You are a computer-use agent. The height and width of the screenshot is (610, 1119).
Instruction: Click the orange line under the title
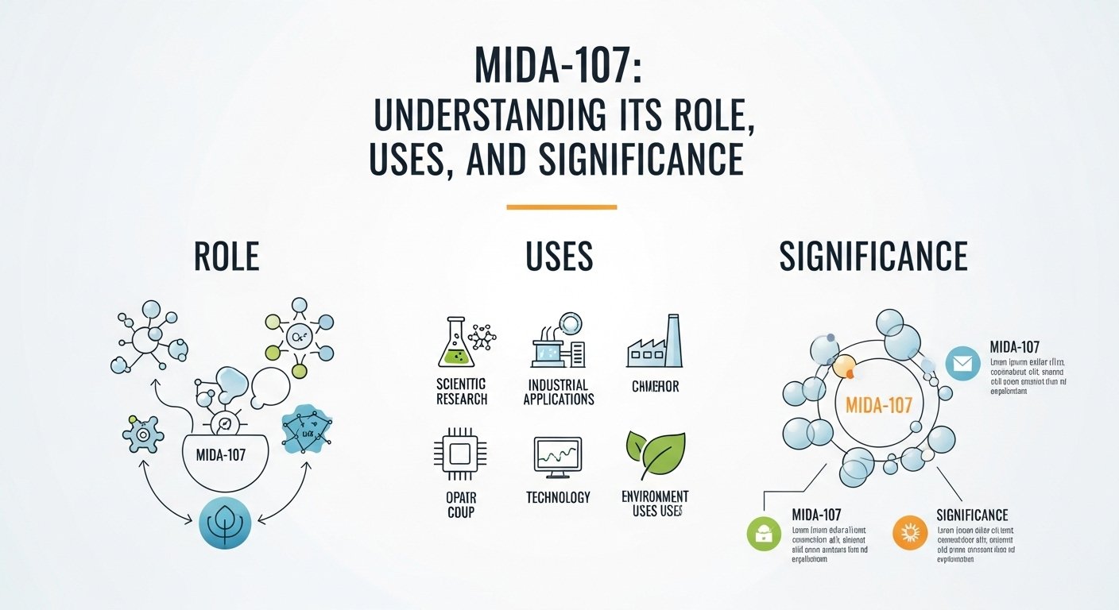(561, 207)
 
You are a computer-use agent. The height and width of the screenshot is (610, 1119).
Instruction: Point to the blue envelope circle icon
(962, 364)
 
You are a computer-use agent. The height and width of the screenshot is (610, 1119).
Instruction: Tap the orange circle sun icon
(909, 533)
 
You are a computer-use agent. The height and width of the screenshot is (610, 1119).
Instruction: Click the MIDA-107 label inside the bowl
(227, 457)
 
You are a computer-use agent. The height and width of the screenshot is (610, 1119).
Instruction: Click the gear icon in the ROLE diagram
(144, 434)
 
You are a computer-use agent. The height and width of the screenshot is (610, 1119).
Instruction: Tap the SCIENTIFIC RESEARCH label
(462, 392)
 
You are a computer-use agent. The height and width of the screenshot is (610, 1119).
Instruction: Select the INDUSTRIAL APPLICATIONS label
(558, 392)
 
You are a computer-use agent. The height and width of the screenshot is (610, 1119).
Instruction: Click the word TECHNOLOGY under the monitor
(558, 498)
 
